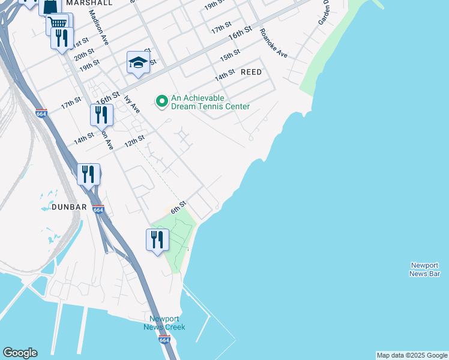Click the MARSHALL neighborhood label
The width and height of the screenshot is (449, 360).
click(89, 3)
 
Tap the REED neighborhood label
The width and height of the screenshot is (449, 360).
click(251, 72)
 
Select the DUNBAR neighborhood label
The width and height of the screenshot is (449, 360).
click(69, 207)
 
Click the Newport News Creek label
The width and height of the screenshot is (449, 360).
click(164, 323)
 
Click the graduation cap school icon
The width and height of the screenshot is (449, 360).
click(138, 62)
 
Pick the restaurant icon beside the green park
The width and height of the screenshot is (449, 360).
click(157, 239)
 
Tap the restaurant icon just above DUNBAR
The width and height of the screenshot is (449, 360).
click(88, 174)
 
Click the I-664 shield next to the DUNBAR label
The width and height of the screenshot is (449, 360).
click(98, 209)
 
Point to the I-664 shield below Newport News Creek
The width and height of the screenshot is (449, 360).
click(164, 340)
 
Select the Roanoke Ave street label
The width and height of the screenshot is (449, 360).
click(274, 43)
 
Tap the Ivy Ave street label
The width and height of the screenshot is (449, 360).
click(132, 104)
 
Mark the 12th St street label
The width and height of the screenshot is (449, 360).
click(134, 142)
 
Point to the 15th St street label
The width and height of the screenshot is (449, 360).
click(230, 55)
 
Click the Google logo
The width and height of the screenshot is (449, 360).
click(20, 353)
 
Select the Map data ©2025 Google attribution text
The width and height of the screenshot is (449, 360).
click(412, 355)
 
